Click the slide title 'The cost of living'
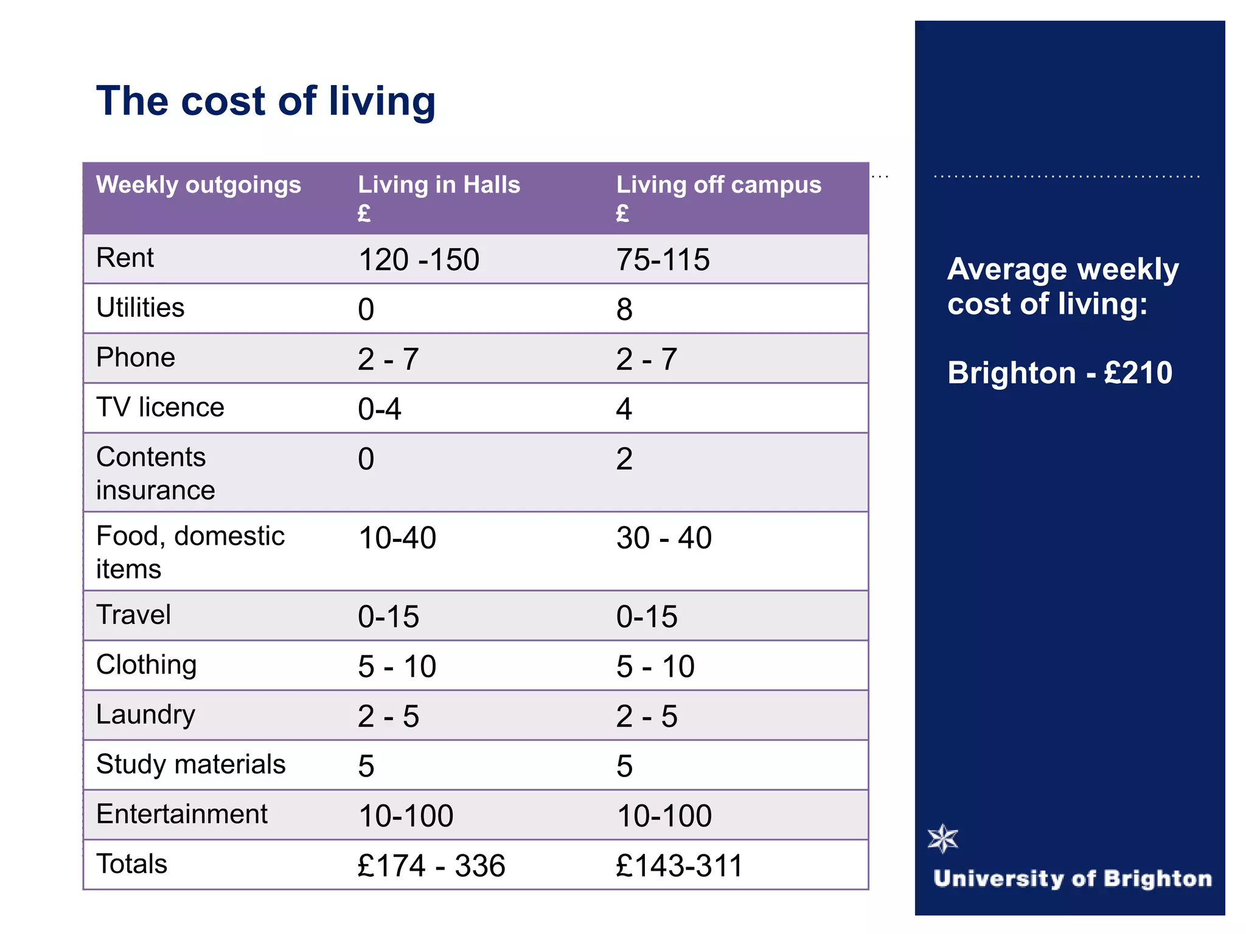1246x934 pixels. [266, 101]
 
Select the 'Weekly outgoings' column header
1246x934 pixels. [198, 185]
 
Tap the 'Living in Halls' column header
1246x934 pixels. [439, 185]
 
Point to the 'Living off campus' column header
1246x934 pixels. [719, 185]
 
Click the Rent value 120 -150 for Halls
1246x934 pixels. [419, 260]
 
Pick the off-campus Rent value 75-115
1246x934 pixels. [663, 260]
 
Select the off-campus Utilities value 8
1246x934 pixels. [624, 310]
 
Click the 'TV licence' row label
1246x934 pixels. [160, 407]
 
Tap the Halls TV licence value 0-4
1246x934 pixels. [380, 409]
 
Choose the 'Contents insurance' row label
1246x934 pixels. [155, 473]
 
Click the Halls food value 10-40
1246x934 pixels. [397, 538]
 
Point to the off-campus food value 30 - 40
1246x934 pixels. [664, 538]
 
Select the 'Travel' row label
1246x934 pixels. [133, 615]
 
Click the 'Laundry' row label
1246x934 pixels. [145, 714]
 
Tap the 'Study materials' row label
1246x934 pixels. [190, 764]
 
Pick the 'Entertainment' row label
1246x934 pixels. [181, 814]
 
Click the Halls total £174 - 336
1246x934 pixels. [431, 866]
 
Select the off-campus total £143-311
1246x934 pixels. [679, 866]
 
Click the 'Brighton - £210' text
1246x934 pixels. [1059, 373]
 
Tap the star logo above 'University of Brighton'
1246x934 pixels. [943, 839]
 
